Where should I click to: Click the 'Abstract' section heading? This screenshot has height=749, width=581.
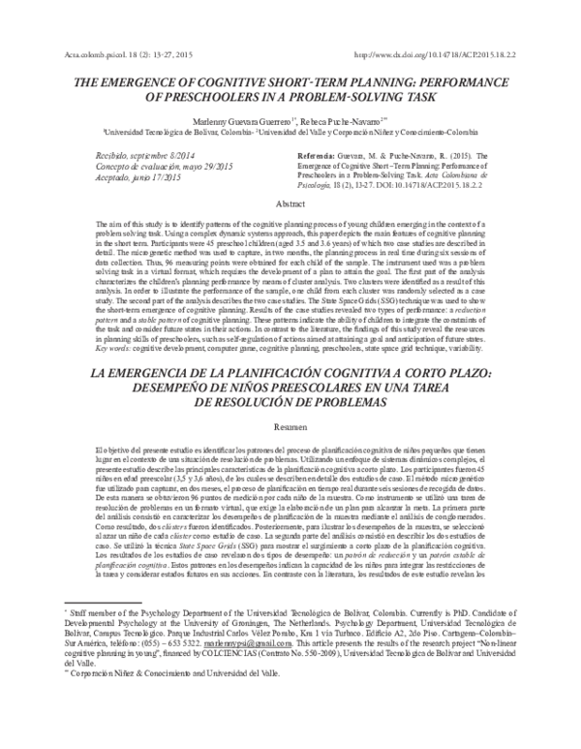point(290,205)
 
